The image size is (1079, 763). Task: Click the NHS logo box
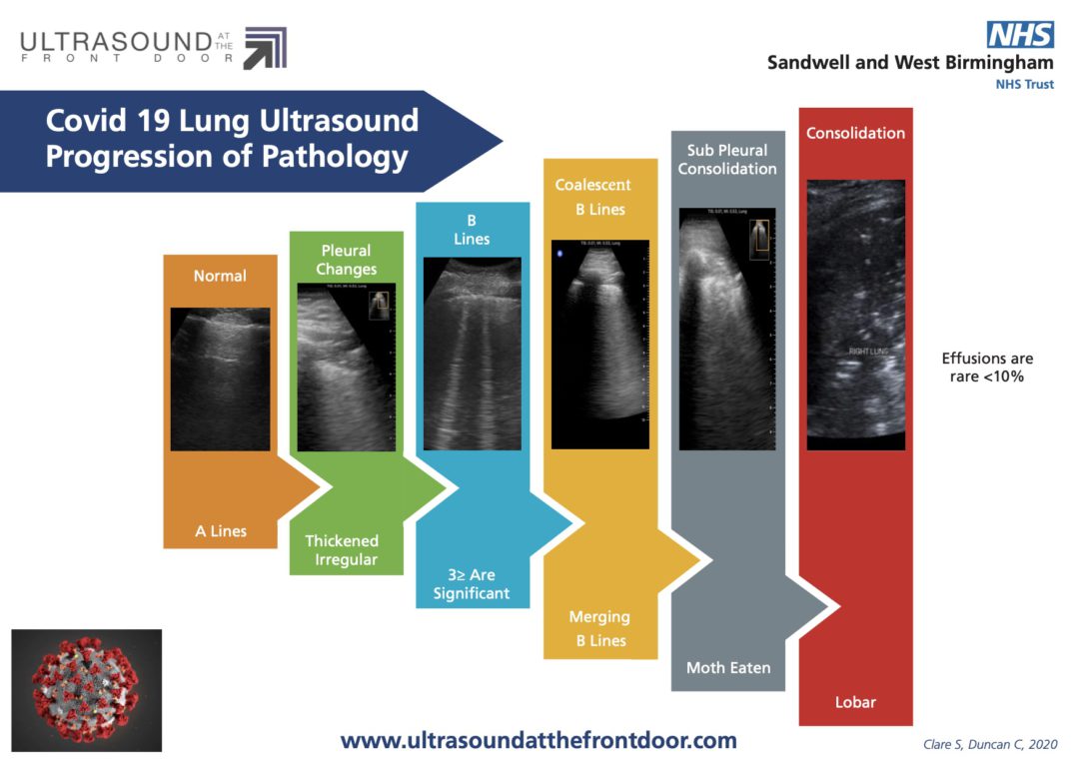1020,35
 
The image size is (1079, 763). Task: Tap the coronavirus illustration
87,689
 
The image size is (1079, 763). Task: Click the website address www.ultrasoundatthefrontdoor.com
539,741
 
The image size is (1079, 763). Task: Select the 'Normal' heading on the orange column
220,276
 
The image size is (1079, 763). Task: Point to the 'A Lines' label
220,531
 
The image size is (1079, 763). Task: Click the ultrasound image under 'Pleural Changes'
347,367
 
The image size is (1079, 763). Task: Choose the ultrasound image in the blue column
472,354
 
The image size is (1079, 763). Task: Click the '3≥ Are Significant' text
472,584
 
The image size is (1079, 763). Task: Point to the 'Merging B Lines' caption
599,629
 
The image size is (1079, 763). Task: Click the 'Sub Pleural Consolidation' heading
727,160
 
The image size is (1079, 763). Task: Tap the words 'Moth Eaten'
727,667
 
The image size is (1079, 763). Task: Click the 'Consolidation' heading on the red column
855,133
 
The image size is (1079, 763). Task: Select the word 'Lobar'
855,702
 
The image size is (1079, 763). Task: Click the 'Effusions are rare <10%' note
987,368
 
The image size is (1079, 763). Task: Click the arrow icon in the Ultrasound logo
265,48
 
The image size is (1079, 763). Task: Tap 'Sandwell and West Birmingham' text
909,63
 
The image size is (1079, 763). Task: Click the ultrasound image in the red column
855,315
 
